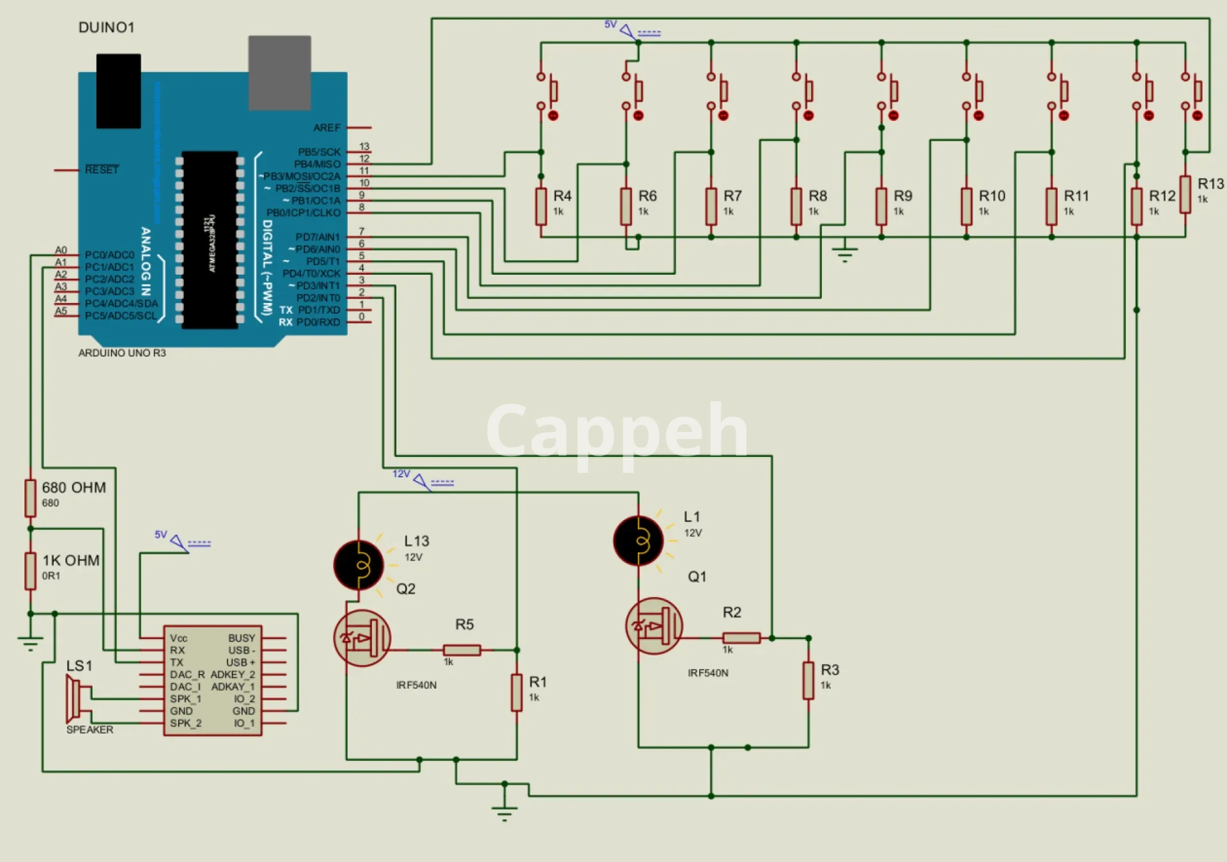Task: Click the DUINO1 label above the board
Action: point(106,27)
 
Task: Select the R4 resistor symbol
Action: point(541,206)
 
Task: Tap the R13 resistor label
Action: point(1210,184)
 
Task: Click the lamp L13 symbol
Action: point(359,565)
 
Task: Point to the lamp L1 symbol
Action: point(638,541)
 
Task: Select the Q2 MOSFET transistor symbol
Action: point(362,638)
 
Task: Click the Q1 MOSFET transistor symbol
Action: point(654,626)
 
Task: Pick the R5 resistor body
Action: point(461,650)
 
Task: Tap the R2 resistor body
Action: point(741,638)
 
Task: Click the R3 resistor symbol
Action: point(808,681)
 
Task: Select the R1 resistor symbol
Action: point(516,693)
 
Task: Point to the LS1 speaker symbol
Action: point(75,699)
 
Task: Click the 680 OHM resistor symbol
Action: point(30,498)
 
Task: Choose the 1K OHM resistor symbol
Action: point(30,571)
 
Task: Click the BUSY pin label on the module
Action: point(242,638)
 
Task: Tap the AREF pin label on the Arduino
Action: point(327,128)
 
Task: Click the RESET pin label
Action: point(102,169)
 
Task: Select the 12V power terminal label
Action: point(401,473)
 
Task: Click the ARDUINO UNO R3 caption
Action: point(122,353)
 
